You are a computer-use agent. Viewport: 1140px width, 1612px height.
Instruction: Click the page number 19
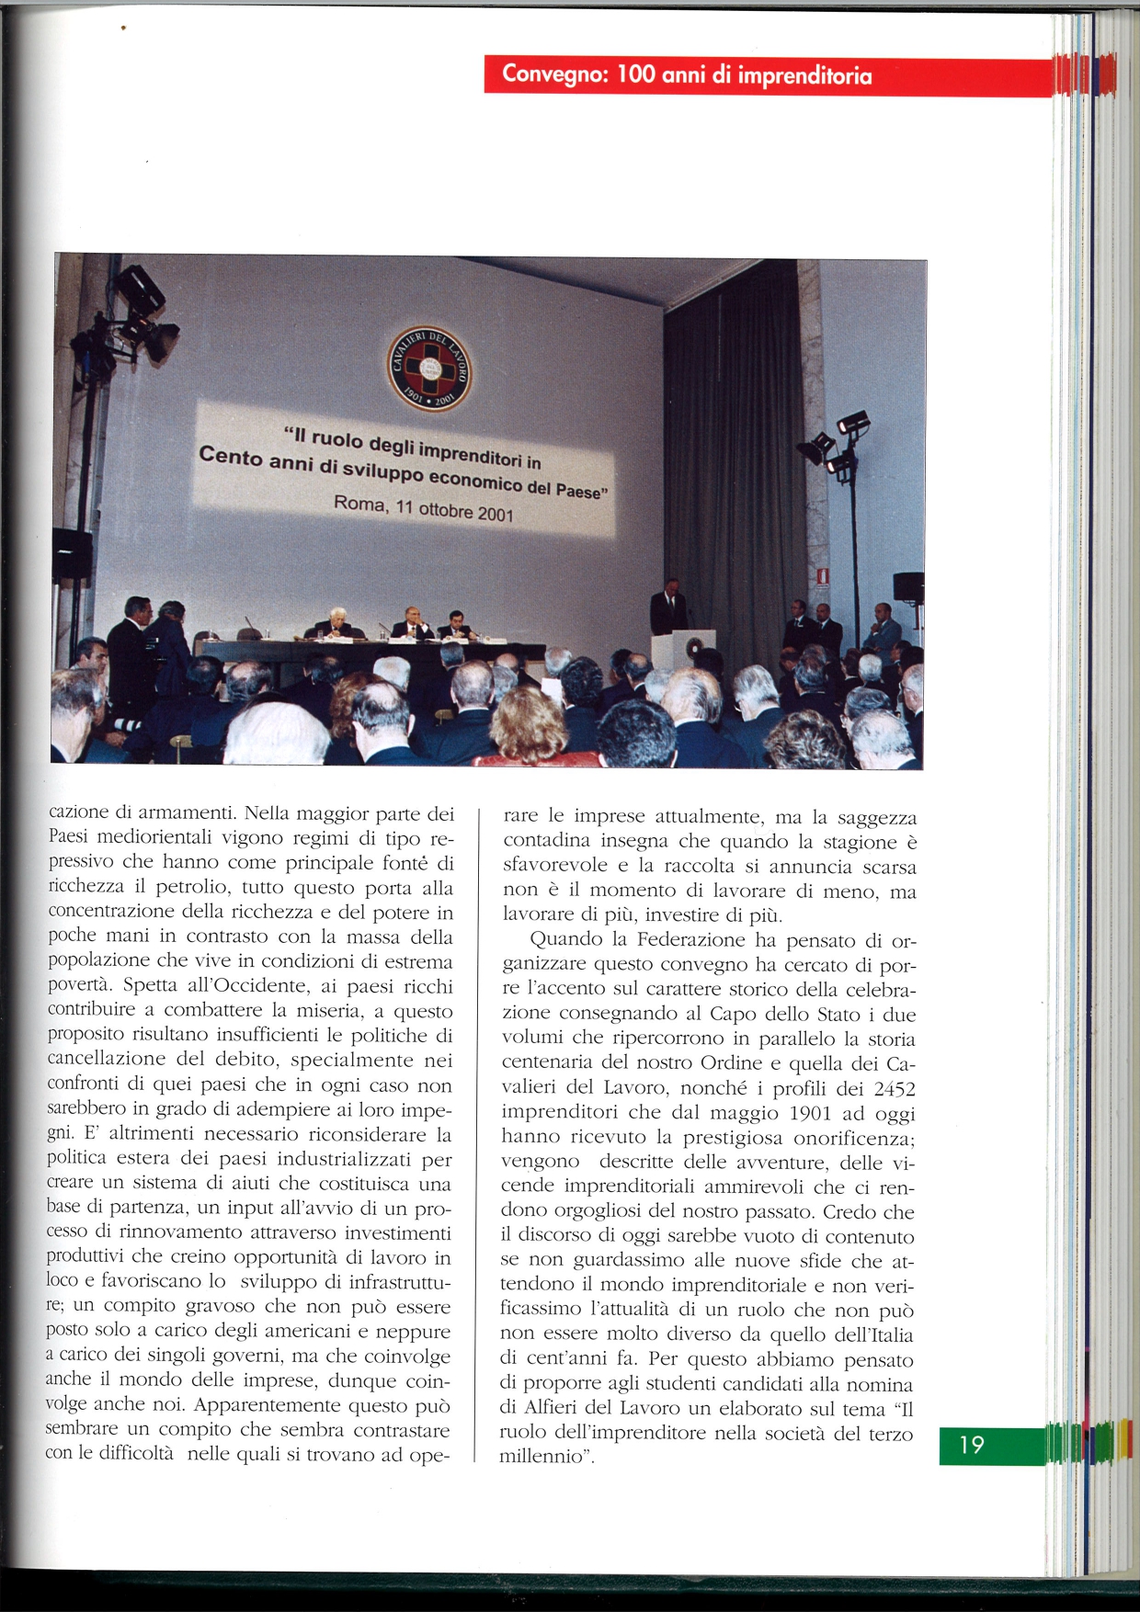click(972, 1445)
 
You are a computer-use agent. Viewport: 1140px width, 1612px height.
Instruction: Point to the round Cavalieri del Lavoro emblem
click(429, 367)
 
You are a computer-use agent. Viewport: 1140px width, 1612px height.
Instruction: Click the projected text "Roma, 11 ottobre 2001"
click(423, 507)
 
